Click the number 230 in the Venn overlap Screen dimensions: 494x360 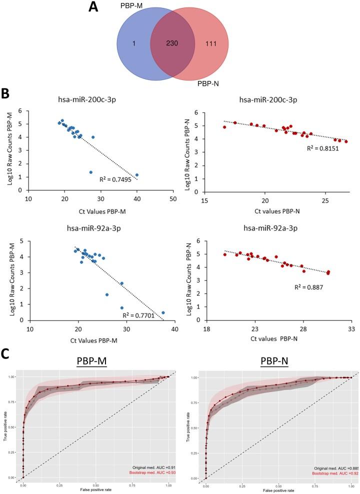point(173,43)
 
